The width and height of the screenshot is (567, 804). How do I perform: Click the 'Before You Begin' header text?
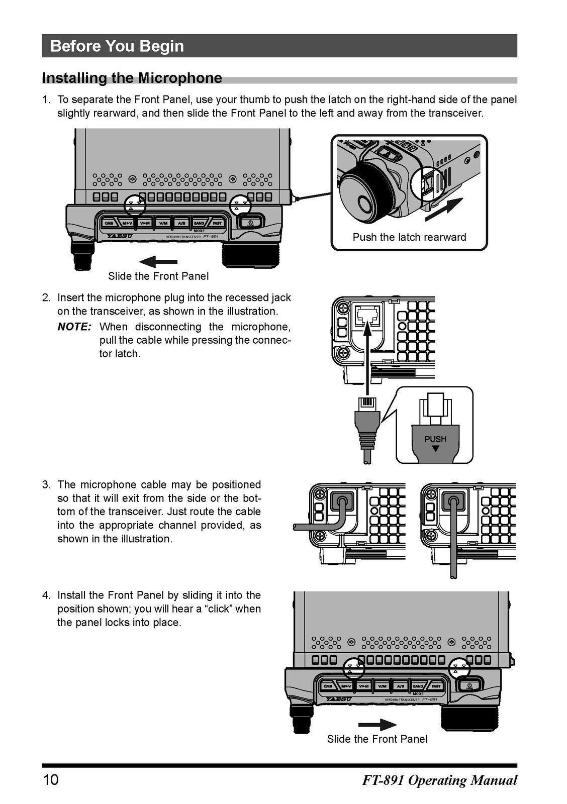(117, 46)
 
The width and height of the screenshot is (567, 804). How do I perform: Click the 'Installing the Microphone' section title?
(132, 78)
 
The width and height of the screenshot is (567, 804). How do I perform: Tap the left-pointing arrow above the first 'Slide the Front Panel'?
(158, 262)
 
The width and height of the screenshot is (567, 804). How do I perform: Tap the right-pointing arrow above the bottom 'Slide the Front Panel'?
(377, 725)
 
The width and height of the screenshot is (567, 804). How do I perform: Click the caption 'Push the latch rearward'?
(409, 237)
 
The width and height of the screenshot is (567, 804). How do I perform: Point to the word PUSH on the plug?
(435, 439)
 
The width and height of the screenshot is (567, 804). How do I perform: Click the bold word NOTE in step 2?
(74, 327)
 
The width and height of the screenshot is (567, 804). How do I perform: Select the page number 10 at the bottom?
(51, 780)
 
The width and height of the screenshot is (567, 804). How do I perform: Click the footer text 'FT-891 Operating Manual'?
(439, 780)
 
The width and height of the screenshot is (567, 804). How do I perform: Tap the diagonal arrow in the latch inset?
(444, 210)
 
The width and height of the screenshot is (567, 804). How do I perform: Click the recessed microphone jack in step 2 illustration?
(368, 316)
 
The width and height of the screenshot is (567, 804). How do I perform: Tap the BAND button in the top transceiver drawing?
(199, 223)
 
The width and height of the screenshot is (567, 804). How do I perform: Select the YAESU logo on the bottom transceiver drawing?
(338, 698)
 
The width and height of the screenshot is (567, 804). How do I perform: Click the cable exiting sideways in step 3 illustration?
(312, 526)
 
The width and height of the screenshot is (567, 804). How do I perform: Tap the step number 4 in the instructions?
(46, 595)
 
